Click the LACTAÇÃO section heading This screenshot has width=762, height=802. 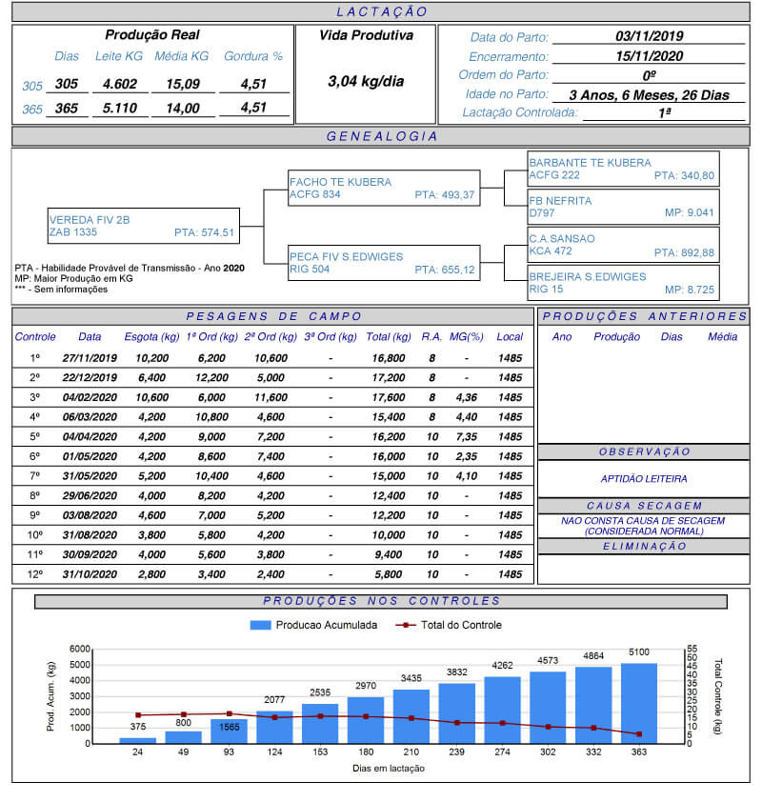382,12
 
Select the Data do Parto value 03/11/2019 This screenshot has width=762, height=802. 649,37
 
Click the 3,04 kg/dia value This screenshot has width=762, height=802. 365,81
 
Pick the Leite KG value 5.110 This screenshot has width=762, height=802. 120,109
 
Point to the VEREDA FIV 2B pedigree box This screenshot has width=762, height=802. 142,226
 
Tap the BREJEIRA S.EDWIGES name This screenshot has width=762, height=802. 587,276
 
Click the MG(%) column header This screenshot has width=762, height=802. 466,336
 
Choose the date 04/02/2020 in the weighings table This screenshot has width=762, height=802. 90,397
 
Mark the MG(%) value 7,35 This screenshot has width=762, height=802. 466,436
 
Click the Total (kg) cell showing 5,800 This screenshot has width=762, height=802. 389,574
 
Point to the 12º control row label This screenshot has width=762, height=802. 35,574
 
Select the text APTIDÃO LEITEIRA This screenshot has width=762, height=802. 644,479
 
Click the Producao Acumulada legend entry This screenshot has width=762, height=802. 313,625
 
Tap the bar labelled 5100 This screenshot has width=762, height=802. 639,702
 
